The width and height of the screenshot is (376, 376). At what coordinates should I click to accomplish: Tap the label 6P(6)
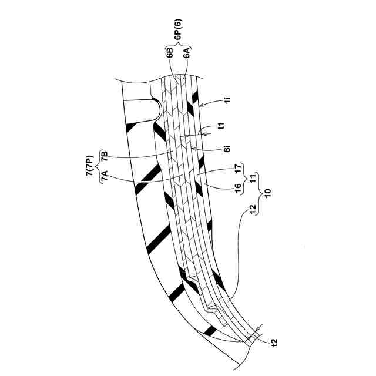[179, 35]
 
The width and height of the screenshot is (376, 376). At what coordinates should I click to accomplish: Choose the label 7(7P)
[90, 166]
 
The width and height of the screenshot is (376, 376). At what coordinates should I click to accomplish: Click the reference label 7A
[105, 178]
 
